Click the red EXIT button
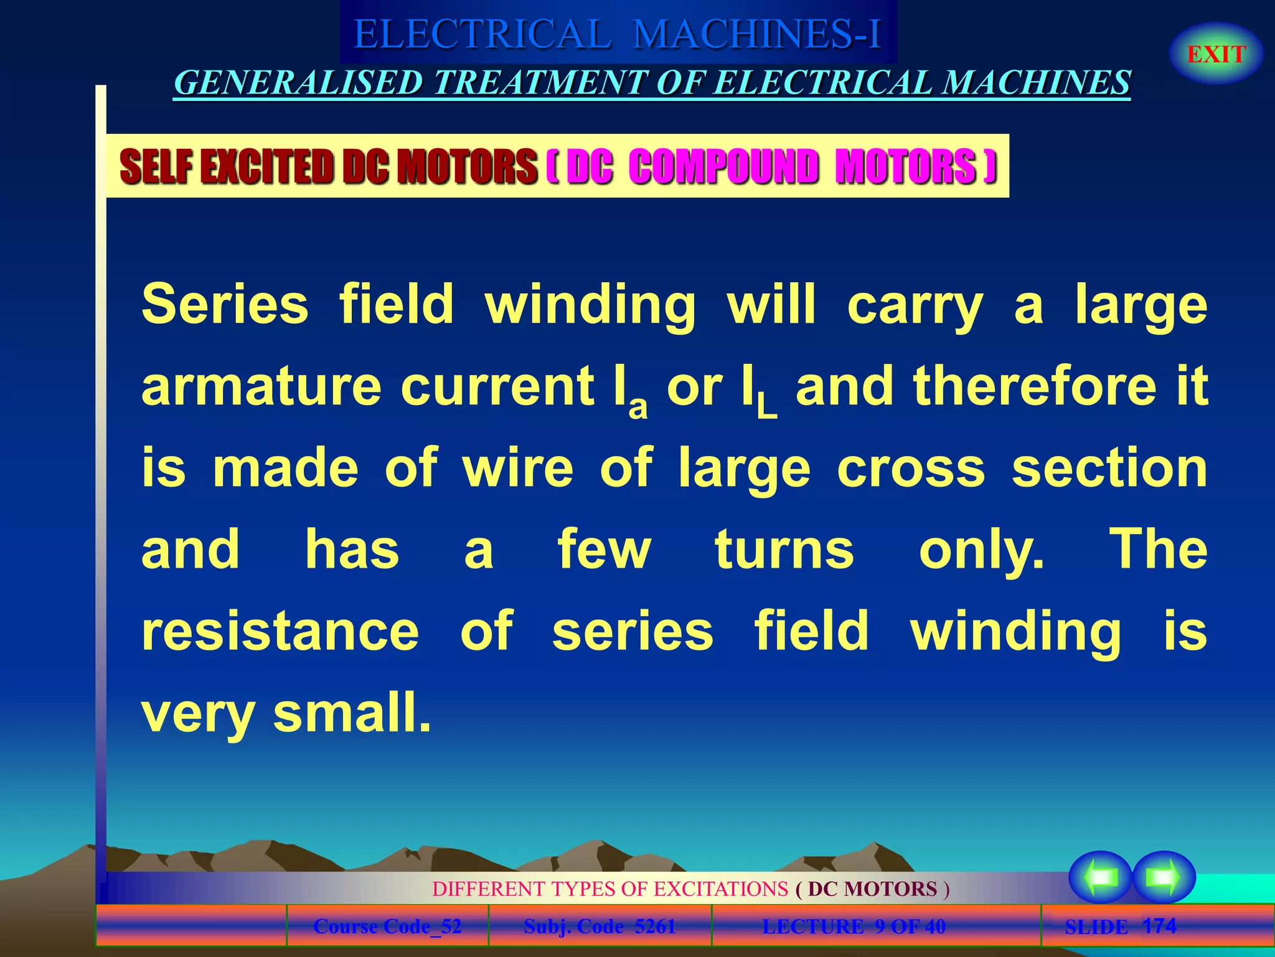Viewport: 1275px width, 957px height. [x=1216, y=54]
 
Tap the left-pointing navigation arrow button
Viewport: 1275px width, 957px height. [x=1100, y=877]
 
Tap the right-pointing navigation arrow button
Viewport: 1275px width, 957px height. [x=1163, y=877]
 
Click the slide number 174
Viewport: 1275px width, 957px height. [x=1159, y=925]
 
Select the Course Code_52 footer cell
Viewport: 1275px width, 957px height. [x=387, y=926]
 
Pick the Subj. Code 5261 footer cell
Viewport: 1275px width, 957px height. [x=600, y=926]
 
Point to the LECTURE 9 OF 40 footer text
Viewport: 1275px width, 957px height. [x=854, y=926]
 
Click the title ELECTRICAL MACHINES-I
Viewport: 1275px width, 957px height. [x=617, y=34]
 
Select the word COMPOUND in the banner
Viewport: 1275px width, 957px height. [x=723, y=167]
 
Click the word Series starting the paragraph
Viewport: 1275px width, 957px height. [x=225, y=305]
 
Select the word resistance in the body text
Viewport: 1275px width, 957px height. [x=280, y=631]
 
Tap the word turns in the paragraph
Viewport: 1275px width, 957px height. [x=784, y=550]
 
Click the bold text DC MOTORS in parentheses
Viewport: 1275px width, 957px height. [x=872, y=889]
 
